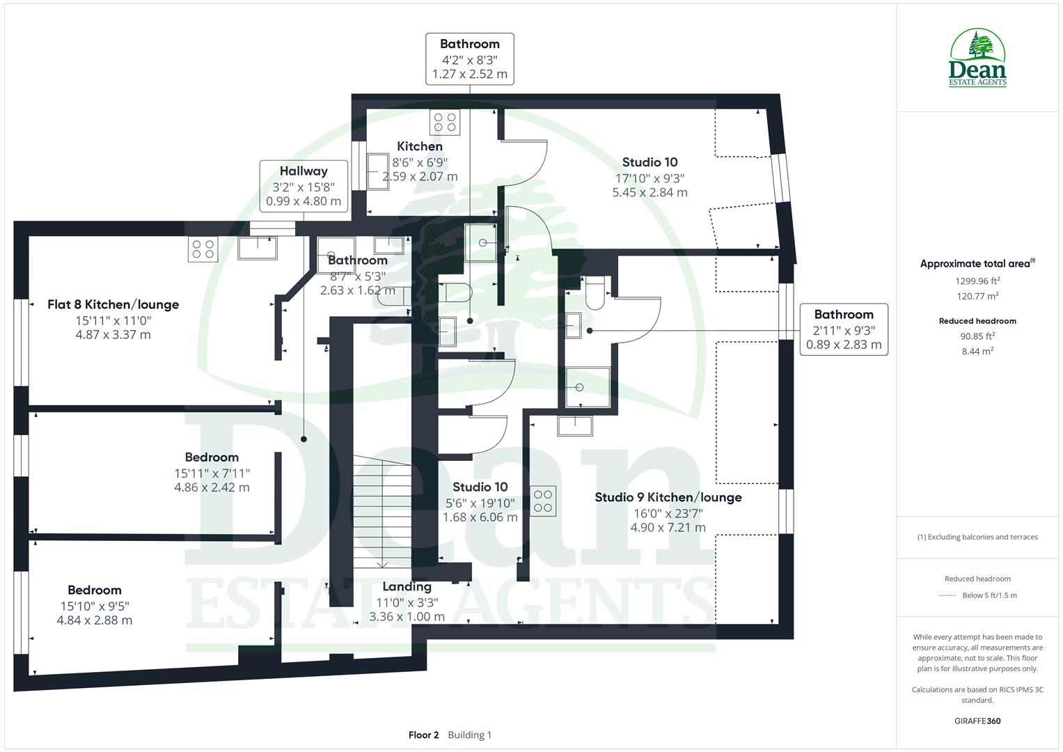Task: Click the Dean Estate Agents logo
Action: tap(977, 58)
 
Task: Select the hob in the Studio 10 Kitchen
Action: tap(446, 123)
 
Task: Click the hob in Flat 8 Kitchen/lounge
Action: tap(203, 249)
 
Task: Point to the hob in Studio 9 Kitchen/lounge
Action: tap(543, 501)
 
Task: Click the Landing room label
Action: tap(407, 587)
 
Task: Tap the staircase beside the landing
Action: tap(381, 511)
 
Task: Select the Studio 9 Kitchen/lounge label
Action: tap(668, 497)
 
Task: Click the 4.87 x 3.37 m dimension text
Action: tap(113, 335)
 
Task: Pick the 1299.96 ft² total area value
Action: tap(977, 281)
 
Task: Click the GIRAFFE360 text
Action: tap(977, 721)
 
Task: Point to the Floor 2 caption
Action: tap(423, 735)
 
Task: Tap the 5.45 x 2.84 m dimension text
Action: tap(649, 193)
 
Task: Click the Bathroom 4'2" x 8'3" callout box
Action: tap(469, 59)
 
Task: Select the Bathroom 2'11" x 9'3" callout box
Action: tap(843, 329)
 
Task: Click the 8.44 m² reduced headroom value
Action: tap(977, 351)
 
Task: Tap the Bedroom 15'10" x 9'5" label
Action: tap(95, 590)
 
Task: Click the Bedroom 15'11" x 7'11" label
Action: tap(212, 457)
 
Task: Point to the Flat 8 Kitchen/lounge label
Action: tap(113, 304)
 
